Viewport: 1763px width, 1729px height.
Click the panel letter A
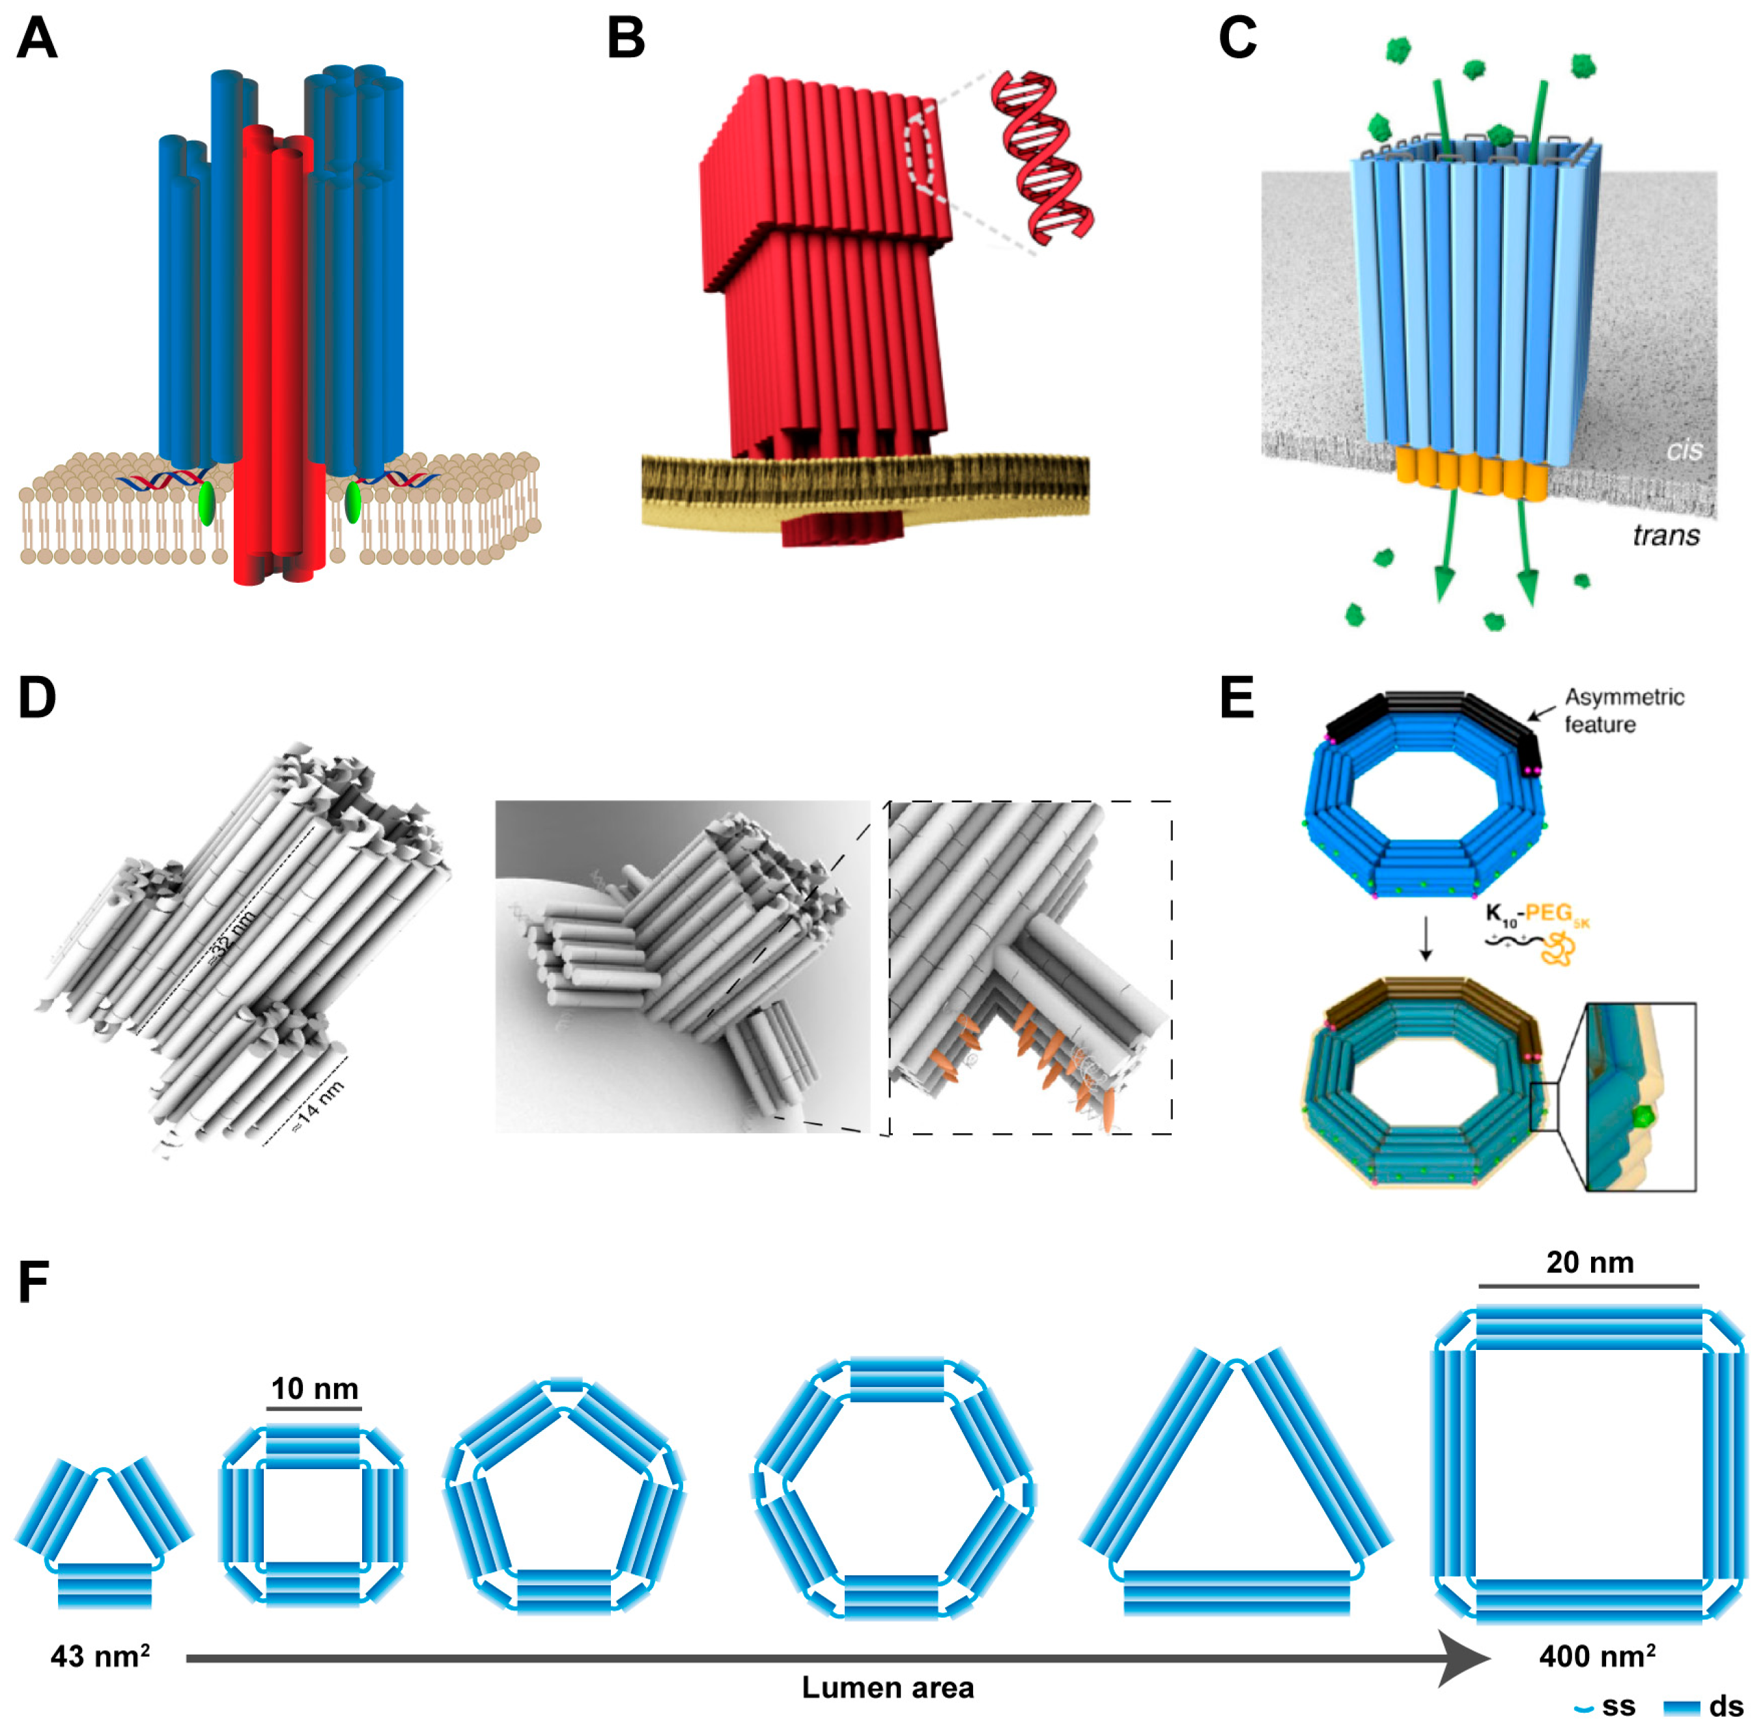point(36,38)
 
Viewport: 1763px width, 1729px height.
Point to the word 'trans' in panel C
point(1666,535)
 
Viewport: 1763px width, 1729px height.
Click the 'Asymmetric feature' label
point(1623,710)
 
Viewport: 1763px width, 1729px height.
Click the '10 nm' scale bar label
point(315,1388)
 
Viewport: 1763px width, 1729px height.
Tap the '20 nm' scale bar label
point(1590,1261)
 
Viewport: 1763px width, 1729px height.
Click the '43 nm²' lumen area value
point(100,1655)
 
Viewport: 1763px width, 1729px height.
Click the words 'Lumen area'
point(888,1687)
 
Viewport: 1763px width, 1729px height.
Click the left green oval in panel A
point(206,503)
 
